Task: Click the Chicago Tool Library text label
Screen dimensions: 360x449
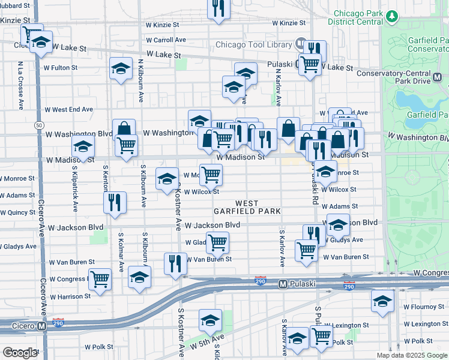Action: click(x=253, y=44)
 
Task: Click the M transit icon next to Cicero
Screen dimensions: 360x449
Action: click(x=41, y=326)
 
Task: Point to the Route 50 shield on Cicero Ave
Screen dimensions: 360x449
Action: click(x=38, y=124)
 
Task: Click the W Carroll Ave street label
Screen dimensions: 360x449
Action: click(x=166, y=40)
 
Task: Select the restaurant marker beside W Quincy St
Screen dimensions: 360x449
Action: click(x=114, y=202)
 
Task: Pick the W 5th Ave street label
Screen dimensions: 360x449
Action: click(x=207, y=343)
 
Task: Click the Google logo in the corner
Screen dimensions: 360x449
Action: click(x=20, y=353)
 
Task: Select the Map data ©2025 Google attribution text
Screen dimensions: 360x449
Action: click(x=411, y=355)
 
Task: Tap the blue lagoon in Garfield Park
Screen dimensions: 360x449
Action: click(x=414, y=99)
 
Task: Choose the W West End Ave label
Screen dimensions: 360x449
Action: click(x=72, y=110)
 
